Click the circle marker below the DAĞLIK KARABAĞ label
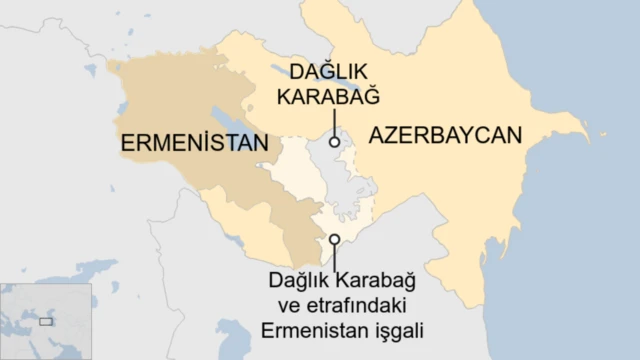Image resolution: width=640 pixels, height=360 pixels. pos(334,142)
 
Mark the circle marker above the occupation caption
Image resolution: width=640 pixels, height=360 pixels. pos(335,239)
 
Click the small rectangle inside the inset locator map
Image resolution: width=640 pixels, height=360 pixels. pos(46,322)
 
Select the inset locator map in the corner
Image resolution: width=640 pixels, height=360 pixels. pos(46,321)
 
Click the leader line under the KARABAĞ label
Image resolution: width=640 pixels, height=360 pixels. pos(334,122)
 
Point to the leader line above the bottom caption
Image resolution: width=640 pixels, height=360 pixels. pos(335,256)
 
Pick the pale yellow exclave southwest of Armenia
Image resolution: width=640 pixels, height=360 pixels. pos(225,215)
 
